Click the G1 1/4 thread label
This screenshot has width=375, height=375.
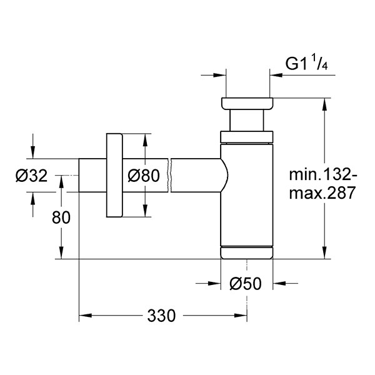point(307,64)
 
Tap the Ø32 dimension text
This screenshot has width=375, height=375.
point(32,176)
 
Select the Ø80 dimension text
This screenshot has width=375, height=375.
point(144,176)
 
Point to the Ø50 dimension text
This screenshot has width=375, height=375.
point(246,284)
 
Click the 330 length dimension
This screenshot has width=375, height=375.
point(161,316)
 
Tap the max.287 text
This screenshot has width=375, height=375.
point(322,192)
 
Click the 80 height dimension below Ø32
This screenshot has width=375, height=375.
point(61,217)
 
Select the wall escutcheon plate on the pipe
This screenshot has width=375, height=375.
point(114,175)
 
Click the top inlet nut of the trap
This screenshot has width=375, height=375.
point(247,104)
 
